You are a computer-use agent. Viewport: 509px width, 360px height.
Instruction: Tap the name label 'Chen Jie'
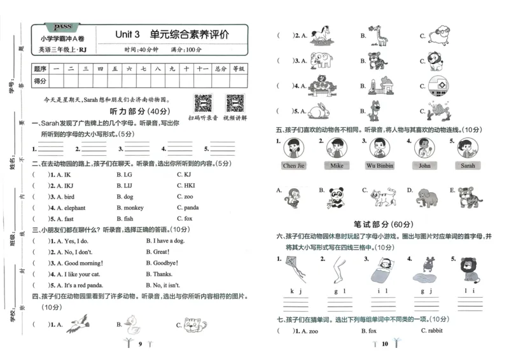coord(293,166)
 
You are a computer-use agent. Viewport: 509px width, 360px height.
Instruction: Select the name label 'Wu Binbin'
coord(380,166)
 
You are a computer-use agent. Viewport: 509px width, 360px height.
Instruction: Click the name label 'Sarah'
coord(468,166)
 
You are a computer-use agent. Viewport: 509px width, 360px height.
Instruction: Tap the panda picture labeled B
coord(336,197)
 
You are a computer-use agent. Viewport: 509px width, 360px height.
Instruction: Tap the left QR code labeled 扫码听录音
coord(203,102)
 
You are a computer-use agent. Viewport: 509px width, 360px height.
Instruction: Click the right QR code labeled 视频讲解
coord(235,102)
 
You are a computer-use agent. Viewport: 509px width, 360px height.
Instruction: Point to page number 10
coord(384,344)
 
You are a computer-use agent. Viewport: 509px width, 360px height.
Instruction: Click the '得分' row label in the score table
coord(40,81)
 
